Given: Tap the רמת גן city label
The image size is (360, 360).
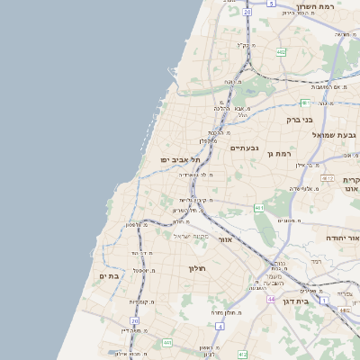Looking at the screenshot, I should click(282, 154).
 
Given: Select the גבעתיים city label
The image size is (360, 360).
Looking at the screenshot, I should click(244, 148).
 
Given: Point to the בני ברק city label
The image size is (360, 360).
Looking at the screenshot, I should click(319, 119).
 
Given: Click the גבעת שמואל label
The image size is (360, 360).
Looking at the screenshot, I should click(335, 135).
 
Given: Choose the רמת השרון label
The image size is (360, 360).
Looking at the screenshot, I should click(315, 7).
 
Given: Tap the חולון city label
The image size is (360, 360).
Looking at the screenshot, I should click(198, 268).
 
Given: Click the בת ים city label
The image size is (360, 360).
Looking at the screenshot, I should click(109, 276).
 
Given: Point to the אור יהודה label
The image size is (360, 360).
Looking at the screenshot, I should click(342, 238).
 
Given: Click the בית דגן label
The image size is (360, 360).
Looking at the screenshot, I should click(315, 301).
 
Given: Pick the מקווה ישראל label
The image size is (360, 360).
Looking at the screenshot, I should click(189, 236).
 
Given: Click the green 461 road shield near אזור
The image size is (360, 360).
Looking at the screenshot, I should click(258, 208).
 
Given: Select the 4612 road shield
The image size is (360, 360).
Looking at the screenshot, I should click(327, 178).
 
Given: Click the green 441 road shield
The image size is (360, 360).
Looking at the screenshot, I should click(167, 343).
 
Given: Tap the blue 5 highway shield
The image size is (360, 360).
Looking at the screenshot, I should click(271, 4).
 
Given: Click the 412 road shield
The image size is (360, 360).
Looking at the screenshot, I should click(242, 355).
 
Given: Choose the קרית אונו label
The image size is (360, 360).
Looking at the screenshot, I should click(351, 185).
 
